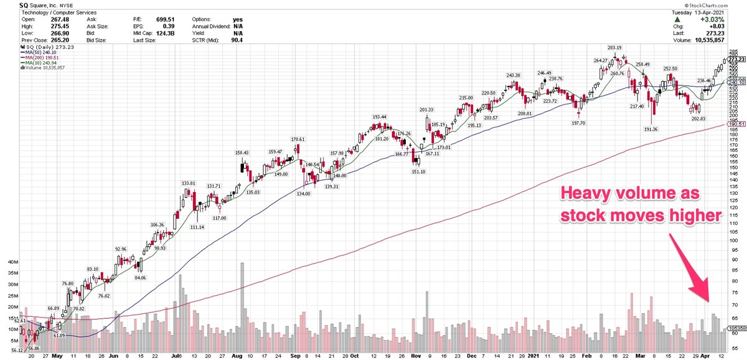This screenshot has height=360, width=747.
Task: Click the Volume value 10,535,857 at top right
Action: point(724,40)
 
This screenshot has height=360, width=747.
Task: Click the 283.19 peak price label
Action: point(615,48)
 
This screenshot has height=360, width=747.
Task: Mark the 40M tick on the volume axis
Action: point(12,262)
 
